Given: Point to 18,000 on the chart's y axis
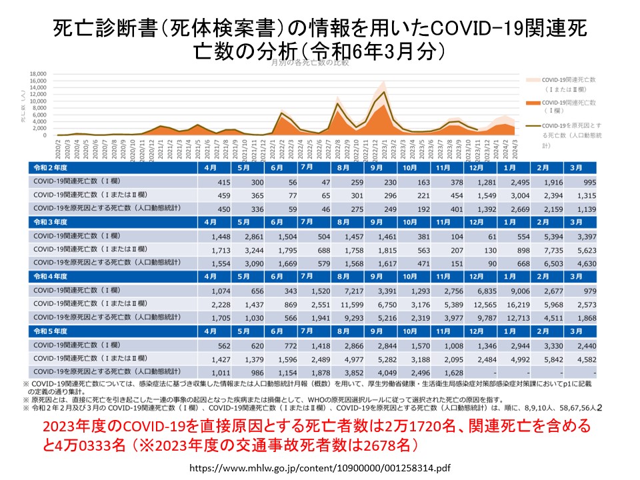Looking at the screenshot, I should pyautogui.click(x=37, y=73).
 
